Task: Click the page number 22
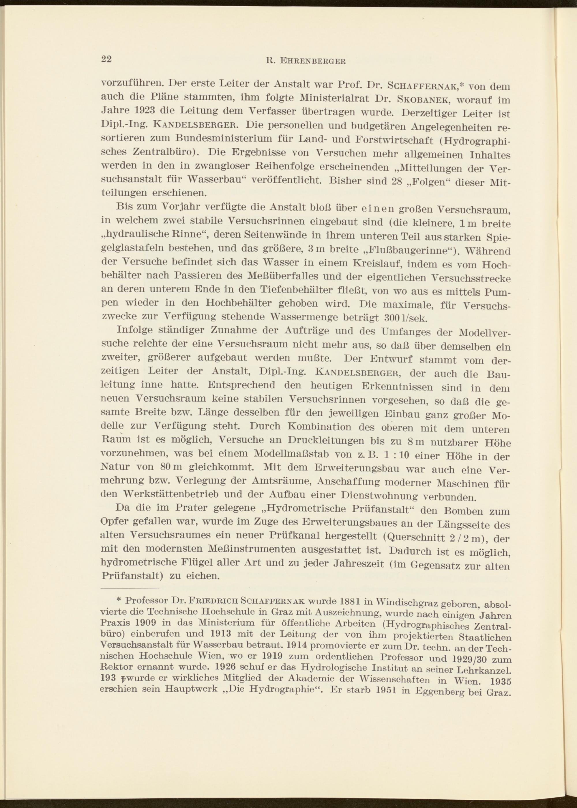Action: pos(106,59)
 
